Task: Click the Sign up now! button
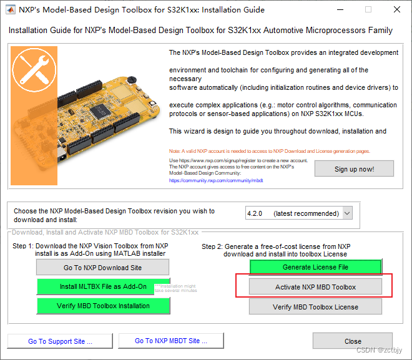(x=354, y=169)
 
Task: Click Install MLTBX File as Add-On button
(x=103, y=287)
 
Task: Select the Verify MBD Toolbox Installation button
(x=103, y=306)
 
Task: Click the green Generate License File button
(x=315, y=267)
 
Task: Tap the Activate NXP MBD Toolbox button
(x=315, y=287)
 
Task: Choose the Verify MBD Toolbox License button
(x=315, y=306)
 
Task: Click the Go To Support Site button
(x=60, y=341)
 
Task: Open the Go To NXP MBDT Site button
(x=170, y=341)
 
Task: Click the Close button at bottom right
(x=353, y=341)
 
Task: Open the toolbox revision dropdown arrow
(x=348, y=213)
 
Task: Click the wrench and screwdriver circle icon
(x=31, y=69)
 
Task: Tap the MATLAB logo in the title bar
(x=11, y=10)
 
